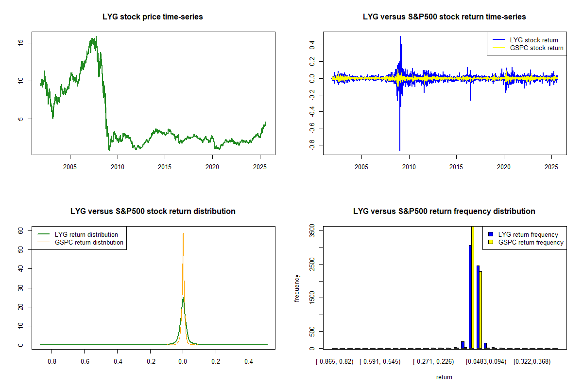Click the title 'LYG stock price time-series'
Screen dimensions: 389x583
(x=153, y=17)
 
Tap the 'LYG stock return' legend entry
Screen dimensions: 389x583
(x=534, y=40)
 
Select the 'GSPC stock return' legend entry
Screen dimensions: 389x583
(x=536, y=48)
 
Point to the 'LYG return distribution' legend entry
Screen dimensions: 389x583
(x=86, y=234)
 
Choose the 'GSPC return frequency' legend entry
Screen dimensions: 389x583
(x=531, y=242)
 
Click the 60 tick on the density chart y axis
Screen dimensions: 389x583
(x=21, y=231)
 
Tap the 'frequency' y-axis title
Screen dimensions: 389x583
(x=297, y=288)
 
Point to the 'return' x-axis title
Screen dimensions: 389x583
(x=444, y=377)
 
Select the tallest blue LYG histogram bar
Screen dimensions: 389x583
(x=470, y=297)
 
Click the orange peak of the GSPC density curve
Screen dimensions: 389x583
(x=183, y=234)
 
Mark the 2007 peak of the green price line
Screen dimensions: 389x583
(x=96, y=37)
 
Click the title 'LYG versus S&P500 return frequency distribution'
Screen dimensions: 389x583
(x=444, y=211)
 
